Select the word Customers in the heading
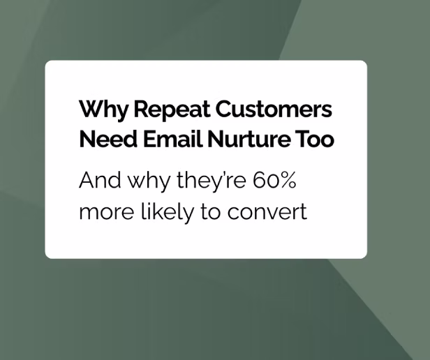pos(274,110)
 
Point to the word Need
pos(102,140)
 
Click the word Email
pos(166,140)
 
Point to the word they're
pos(208,182)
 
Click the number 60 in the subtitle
pos(265,181)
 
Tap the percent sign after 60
pos(288,181)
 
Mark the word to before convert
pos(211,211)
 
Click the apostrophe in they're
pos(225,174)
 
